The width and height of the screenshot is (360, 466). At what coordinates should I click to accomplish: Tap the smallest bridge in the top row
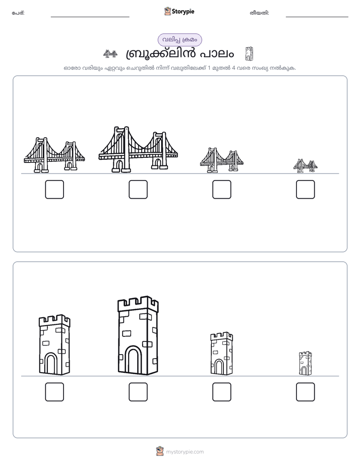click(x=306, y=166)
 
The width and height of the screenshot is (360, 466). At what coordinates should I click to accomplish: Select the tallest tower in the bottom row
click(x=138, y=335)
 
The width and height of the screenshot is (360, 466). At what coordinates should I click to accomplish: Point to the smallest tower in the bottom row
click(x=306, y=363)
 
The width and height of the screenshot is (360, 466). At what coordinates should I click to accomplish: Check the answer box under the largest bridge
click(x=138, y=189)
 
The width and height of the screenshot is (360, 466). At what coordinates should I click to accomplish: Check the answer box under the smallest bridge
click(x=306, y=189)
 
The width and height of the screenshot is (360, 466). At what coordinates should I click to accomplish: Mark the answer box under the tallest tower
click(x=138, y=392)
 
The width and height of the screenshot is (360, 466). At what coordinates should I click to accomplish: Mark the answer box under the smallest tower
click(x=306, y=392)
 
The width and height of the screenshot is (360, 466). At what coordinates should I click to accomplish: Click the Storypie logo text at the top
click(x=183, y=12)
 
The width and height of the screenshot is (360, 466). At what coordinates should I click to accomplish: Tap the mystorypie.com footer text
click(x=185, y=452)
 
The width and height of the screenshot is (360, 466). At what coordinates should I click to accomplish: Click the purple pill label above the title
click(x=179, y=40)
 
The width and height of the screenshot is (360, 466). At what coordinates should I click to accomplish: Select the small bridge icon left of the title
click(x=110, y=54)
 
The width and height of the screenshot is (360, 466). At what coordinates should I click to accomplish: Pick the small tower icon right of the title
click(x=249, y=54)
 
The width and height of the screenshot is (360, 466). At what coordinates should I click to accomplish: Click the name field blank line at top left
click(x=90, y=17)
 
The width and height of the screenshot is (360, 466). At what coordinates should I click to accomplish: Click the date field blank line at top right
click(x=317, y=17)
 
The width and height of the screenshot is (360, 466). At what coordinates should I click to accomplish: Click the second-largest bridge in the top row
click(x=54, y=155)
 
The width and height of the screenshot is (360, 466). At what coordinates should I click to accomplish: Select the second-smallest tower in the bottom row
click(x=221, y=354)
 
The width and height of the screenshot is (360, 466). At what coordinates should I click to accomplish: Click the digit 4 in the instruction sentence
click(x=233, y=68)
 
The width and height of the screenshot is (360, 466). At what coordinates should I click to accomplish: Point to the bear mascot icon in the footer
click(x=160, y=451)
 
